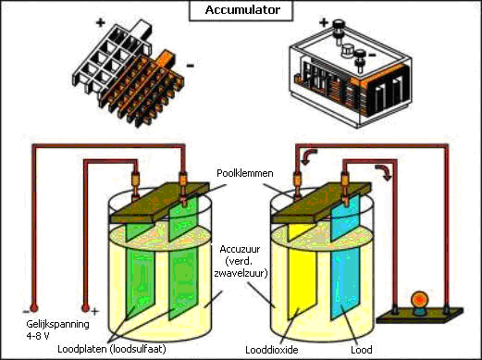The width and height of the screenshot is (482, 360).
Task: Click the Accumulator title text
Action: [x=242, y=10]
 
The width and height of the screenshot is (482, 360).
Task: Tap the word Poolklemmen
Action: [x=245, y=173]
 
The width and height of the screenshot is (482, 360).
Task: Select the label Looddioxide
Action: [x=272, y=350]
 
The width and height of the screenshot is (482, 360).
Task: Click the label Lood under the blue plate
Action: [x=362, y=350]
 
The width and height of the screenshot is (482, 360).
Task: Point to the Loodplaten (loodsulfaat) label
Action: [x=112, y=349]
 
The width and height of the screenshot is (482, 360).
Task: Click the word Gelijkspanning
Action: [x=57, y=325]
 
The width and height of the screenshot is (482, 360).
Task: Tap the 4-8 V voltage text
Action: [x=38, y=336]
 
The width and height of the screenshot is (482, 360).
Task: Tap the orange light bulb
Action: [x=420, y=299]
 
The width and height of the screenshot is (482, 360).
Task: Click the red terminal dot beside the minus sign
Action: [x=33, y=308]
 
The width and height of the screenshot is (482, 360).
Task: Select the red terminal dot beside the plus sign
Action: [x=85, y=308]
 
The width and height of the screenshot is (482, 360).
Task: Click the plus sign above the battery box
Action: [x=324, y=22]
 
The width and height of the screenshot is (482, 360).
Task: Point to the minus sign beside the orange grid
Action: [x=191, y=65]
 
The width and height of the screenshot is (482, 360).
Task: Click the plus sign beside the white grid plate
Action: [x=101, y=22]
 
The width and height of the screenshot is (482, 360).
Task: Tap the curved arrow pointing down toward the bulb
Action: [x=384, y=172]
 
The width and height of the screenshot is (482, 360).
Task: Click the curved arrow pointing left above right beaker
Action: [x=309, y=155]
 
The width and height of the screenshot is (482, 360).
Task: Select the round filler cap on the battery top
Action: [x=347, y=50]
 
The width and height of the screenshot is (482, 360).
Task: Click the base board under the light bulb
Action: [x=420, y=316]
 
